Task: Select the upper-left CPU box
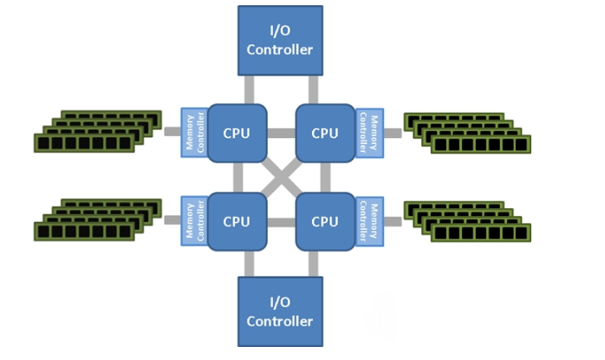pos(237,133)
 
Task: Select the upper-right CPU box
pos(324,133)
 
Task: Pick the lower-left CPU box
pos(237,221)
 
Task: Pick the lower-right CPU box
pos(324,221)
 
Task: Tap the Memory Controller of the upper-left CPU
pos(193,133)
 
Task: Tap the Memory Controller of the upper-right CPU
pos(368,133)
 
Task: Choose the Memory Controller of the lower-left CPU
pos(193,221)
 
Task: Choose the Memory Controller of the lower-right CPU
pos(368,221)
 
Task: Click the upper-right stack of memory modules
pos(468,132)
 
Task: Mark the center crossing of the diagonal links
pos(280,177)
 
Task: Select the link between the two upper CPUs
pos(280,133)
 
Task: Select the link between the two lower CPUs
pos(280,222)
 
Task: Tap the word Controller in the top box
pos(279,49)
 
